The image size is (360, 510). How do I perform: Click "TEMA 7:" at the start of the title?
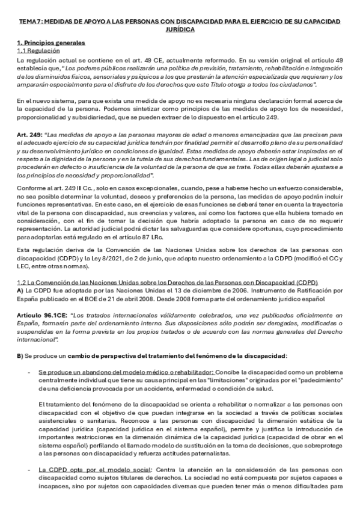pyautogui.click(x=28, y=22)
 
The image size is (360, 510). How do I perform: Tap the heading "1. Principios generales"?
pyautogui.click(x=51, y=43)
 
